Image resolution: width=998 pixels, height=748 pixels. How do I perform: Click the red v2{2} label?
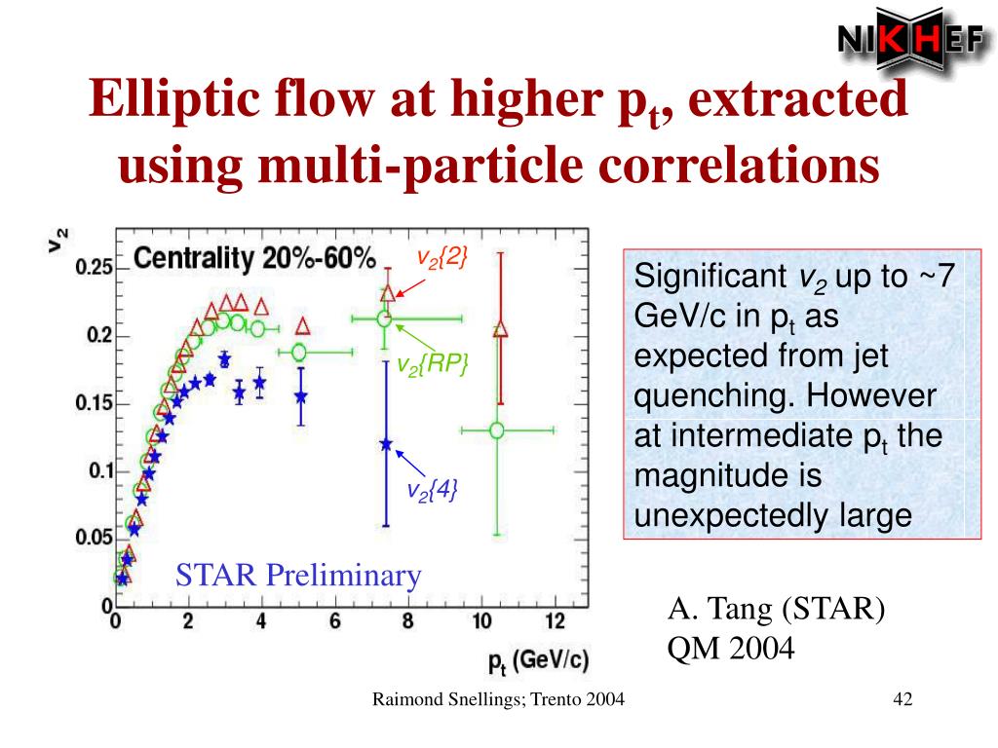(442, 257)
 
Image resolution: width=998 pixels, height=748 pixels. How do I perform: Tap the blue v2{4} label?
(432, 488)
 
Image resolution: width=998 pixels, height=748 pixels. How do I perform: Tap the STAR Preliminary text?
(298, 576)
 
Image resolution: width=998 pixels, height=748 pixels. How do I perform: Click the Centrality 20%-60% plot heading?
(253, 259)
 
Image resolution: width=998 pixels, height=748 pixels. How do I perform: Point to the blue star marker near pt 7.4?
(386, 444)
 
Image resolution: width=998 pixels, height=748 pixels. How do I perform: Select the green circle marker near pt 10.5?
(496, 430)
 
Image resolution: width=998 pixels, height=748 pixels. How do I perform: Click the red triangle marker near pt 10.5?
(501, 330)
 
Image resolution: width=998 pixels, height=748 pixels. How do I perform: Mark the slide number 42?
(902, 700)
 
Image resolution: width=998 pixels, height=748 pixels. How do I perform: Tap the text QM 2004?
(731, 647)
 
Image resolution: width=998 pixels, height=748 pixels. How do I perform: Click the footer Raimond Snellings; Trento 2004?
(498, 700)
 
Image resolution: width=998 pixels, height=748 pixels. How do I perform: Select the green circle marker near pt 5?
(299, 352)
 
